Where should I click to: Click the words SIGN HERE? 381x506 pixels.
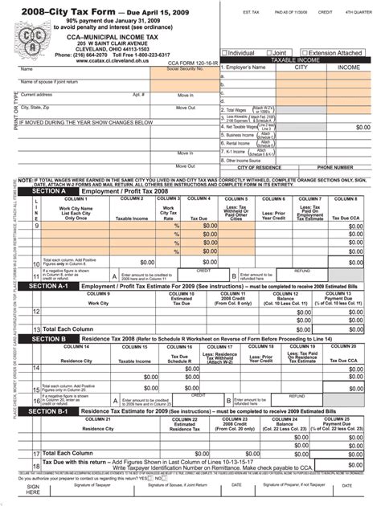[x=33, y=491]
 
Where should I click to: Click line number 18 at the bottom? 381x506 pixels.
[x=35, y=466]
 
